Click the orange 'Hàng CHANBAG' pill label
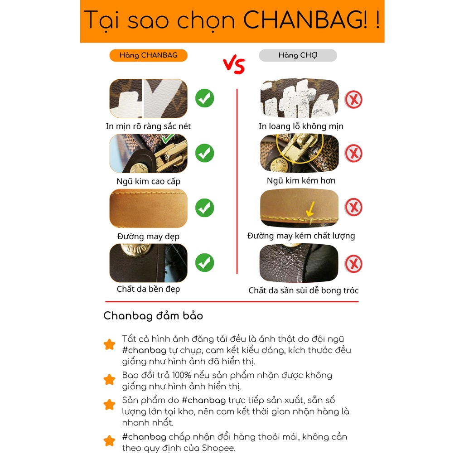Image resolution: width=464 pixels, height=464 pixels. (148, 55)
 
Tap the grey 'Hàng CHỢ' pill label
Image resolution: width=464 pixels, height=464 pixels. (298, 55)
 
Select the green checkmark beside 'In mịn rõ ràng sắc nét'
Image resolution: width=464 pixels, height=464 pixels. (204, 98)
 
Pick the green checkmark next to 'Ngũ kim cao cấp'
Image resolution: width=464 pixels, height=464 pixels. (204, 153)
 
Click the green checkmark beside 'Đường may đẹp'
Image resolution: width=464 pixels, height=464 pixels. (204, 208)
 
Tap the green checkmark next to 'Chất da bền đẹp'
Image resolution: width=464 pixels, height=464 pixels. (204, 263)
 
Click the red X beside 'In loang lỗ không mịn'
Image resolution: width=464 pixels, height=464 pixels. (353, 99)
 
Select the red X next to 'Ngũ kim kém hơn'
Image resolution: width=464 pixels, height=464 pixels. (353, 154)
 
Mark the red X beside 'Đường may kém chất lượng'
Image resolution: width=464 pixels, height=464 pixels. (353, 208)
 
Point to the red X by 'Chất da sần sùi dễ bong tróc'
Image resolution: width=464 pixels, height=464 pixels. (353, 264)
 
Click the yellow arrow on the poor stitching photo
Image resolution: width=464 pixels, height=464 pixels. (310, 210)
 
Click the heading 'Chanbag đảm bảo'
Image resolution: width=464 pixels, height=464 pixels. (153, 316)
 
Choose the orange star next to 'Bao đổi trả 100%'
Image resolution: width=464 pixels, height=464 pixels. (109, 379)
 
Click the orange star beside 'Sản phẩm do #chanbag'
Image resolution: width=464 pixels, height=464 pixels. (109, 404)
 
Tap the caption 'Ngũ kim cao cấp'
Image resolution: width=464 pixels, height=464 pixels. (148, 181)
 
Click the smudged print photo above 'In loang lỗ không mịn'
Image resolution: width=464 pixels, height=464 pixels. (300, 98)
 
